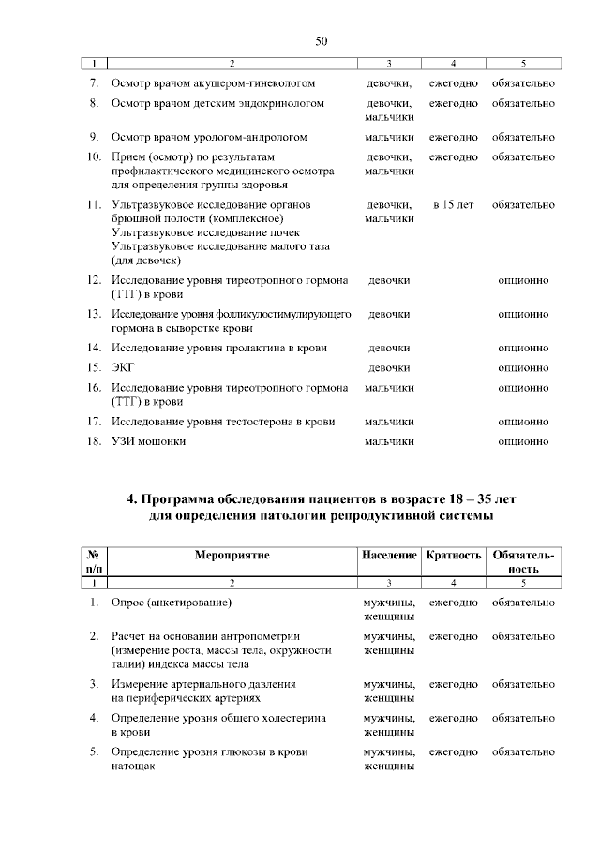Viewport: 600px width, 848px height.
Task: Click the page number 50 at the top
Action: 321,41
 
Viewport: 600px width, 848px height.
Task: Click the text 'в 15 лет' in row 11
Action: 454,204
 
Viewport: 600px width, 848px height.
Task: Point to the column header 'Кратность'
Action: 454,555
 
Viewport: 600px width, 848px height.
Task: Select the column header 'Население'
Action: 389,555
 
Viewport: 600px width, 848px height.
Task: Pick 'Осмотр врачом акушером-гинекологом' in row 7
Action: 213,84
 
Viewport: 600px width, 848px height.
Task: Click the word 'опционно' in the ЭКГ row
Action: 523,367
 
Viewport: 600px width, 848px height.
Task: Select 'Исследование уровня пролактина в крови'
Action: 218,348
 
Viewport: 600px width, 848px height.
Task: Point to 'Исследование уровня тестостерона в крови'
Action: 223,422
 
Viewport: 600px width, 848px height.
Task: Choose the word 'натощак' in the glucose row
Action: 132,766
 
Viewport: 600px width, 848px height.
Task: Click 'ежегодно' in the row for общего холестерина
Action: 454,718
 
